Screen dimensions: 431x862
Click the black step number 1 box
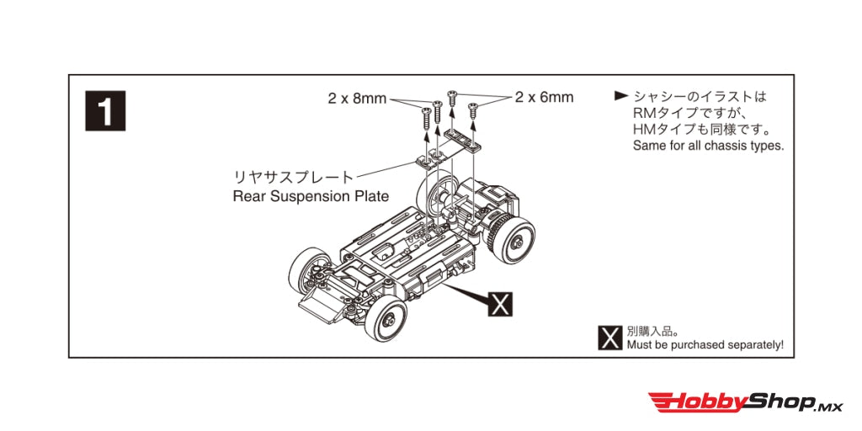coord(106,110)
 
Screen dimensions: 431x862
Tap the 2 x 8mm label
coord(357,98)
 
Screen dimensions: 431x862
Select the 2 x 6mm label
coord(545,97)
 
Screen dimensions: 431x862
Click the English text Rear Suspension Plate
coord(311,196)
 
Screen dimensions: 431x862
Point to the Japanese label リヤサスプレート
coord(294,177)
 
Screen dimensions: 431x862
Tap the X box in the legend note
coord(609,338)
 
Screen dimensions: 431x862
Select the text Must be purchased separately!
coord(705,345)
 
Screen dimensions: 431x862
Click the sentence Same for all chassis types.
coord(707,146)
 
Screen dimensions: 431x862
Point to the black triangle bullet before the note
coord(621,97)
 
